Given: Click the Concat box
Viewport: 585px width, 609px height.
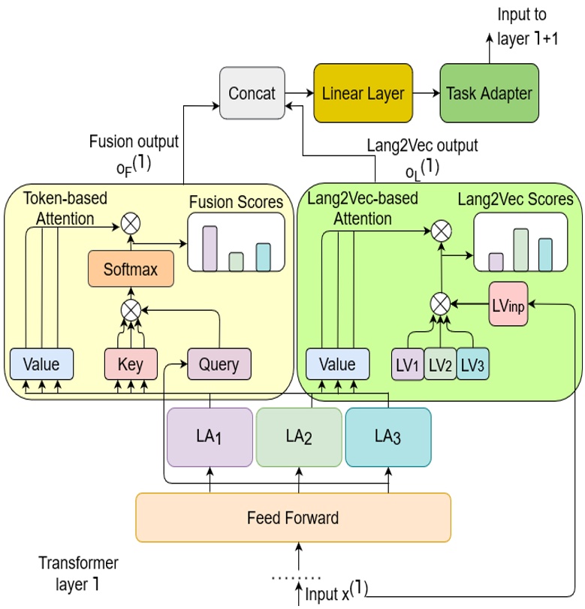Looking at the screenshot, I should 252,94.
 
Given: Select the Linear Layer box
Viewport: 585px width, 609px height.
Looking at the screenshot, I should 363,94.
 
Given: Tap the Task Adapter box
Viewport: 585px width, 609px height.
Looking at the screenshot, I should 489,94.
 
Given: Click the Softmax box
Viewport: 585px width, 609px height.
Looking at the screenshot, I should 131,269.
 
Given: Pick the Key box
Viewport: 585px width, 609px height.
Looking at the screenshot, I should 131,365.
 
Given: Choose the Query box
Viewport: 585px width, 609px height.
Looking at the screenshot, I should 219,365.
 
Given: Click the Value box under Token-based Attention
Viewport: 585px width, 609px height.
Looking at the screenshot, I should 41,365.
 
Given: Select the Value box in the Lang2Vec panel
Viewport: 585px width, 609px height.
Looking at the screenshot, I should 337,365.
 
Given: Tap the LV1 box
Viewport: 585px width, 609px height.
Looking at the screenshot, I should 408,365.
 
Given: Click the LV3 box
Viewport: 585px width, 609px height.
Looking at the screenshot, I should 473,365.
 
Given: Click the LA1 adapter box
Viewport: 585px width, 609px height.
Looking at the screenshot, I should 210,436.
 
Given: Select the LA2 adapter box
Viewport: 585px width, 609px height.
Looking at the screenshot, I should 299,436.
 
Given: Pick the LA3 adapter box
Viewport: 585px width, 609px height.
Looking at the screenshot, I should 387,436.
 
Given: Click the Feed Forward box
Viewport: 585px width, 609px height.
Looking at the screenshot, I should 293,517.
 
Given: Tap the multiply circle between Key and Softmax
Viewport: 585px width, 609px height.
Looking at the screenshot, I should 131,309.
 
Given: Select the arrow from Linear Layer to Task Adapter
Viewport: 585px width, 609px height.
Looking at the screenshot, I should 425,94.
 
